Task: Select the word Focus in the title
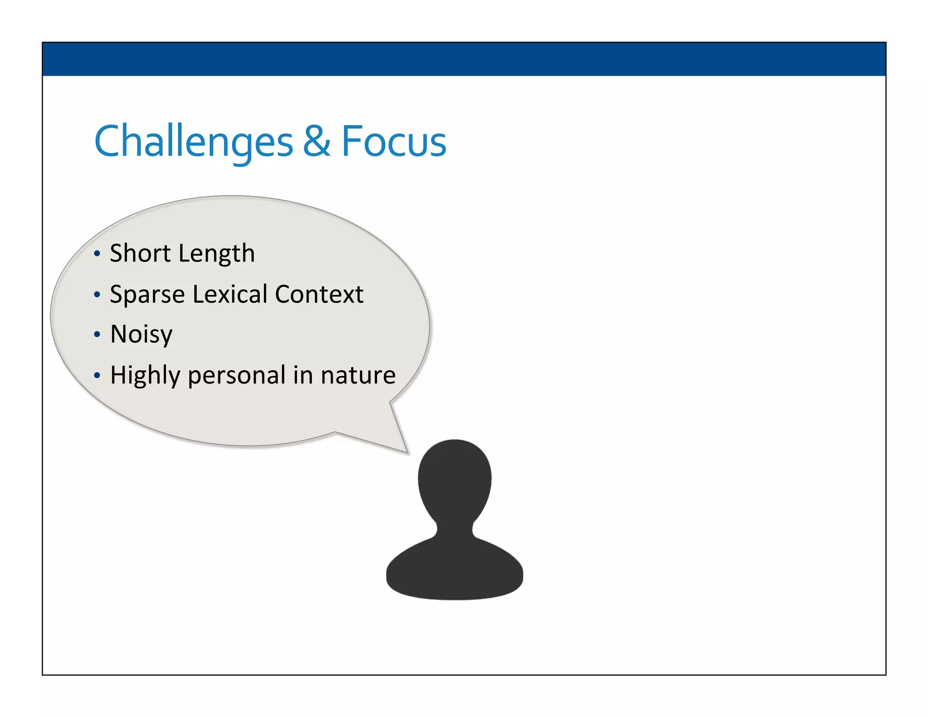[393, 141]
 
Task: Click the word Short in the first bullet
[140, 253]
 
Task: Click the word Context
[319, 294]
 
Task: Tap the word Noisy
[141, 334]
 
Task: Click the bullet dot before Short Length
[97, 254]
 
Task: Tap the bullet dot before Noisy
[97, 335]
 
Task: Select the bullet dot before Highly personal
[97, 376]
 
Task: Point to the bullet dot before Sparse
[97, 295]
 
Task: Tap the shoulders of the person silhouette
[454, 571]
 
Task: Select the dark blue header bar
[464, 59]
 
